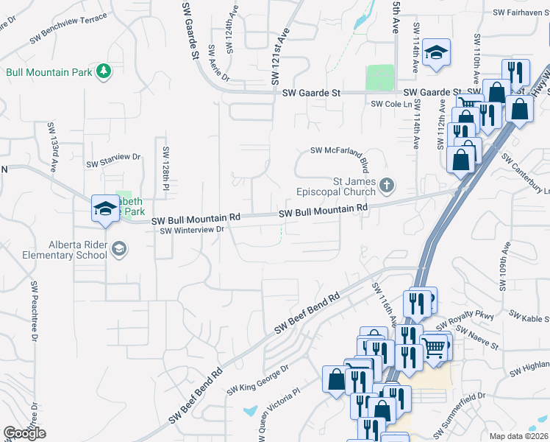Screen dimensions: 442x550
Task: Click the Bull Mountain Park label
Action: tap(49, 72)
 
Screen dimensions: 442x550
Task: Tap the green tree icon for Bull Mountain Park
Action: tap(104, 71)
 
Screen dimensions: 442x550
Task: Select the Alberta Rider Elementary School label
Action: tap(68, 250)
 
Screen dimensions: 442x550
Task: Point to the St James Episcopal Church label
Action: tap(354, 187)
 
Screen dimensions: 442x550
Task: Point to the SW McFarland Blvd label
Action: tap(349, 151)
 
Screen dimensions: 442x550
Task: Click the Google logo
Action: tap(24, 433)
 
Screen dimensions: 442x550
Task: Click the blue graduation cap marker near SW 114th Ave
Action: tap(436, 53)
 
